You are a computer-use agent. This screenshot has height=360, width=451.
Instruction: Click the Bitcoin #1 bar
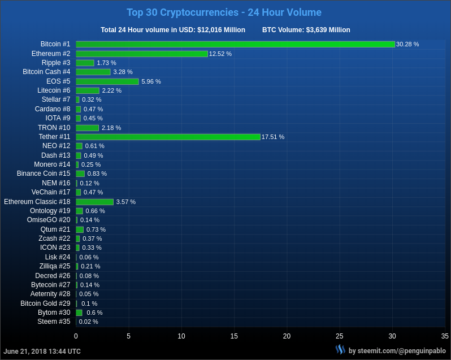tap(235, 44)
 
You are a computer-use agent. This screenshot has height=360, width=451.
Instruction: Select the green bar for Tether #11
tap(168, 137)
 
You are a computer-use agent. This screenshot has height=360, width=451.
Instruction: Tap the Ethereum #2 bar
tap(142, 54)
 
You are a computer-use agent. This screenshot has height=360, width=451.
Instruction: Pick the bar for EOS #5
tap(107, 81)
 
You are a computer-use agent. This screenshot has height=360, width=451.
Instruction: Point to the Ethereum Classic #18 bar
tap(94, 202)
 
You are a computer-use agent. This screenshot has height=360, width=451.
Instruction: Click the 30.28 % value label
tap(407, 44)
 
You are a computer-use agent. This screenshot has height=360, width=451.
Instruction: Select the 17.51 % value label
tap(273, 137)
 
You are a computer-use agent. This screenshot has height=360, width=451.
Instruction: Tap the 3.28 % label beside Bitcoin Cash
tap(123, 72)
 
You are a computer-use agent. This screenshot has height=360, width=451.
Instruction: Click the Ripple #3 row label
tap(56, 63)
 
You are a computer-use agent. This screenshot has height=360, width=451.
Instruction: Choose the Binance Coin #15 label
tap(44, 174)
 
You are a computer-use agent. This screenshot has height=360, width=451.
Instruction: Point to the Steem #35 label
tap(54, 322)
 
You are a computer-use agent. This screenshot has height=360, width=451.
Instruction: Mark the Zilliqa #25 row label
tap(55, 266)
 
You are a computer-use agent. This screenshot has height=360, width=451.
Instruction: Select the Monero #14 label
tap(52, 164)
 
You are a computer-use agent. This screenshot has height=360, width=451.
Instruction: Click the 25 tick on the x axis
tap(340, 336)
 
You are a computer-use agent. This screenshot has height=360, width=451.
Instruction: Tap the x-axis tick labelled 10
tap(181, 336)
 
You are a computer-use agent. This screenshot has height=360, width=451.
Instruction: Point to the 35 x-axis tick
tap(445, 336)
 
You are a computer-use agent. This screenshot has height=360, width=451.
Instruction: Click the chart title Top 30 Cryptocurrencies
tap(224, 12)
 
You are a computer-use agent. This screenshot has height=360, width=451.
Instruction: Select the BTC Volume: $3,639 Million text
tap(306, 30)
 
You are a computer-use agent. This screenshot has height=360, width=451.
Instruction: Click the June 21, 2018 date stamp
tap(42, 352)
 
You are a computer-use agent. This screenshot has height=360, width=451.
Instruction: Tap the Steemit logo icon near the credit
tap(340, 350)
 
